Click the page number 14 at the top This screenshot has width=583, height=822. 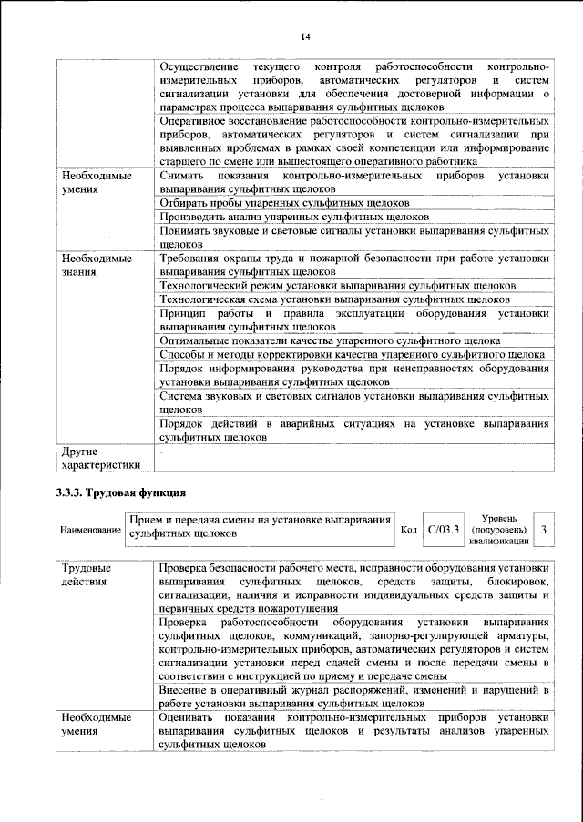tap(305, 36)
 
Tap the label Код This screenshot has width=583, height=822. tap(409, 529)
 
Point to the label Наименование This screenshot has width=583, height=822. tap(90, 529)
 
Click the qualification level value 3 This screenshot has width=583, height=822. tap(544, 528)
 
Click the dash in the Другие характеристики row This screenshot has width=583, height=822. tap(161, 451)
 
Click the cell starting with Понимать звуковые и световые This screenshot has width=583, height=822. tap(353, 238)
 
